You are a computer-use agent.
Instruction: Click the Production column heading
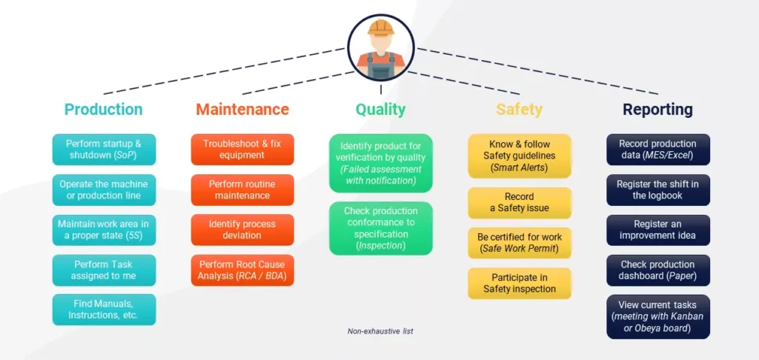click(104, 110)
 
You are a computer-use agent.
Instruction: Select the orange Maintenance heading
click(242, 110)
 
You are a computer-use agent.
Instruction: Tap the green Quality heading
click(380, 110)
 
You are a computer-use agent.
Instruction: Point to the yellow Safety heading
click(520, 110)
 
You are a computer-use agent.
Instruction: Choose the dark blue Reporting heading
click(658, 110)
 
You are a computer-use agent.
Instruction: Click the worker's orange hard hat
click(380, 27)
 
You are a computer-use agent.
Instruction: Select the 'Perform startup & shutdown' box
click(104, 150)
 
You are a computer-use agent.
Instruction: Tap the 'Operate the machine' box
click(104, 190)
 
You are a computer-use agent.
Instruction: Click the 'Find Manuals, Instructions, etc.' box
click(104, 310)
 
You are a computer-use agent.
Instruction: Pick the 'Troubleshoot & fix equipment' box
click(242, 150)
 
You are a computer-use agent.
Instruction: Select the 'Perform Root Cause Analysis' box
click(242, 270)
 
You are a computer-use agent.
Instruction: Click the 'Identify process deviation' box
click(242, 230)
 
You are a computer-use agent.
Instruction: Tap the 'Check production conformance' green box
click(381, 228)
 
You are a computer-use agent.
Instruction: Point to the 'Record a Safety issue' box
click(520, 203)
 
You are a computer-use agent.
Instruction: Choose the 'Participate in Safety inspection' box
click(520, 283)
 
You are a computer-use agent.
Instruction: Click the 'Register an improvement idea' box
click(658, 230)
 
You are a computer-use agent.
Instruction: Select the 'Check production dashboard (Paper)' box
click(658, 270)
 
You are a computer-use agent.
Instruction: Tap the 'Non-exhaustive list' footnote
click(380, 331)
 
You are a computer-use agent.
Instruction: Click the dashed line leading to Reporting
click(538, 71)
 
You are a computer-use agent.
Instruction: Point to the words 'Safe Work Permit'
click(520, 249)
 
